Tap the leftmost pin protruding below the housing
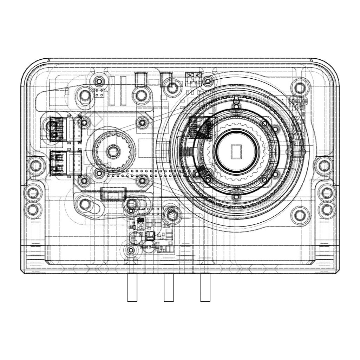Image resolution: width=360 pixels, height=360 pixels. (x=132, y=288)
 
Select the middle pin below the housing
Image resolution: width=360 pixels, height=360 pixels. (x=169, y=288)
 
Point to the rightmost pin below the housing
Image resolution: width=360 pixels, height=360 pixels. (x=205, y=288)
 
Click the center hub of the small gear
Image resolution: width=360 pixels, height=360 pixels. (x=113, y=152)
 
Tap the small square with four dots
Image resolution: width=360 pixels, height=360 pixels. (x=99, y=93)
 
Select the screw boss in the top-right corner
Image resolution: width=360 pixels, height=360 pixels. (x=299, y=86)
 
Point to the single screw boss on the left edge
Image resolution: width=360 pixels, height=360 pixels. (x=35, y=164)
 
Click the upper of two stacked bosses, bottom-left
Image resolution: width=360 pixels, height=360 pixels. (x=33, y=193)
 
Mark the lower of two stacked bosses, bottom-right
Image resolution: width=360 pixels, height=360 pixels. (x=327, y=209)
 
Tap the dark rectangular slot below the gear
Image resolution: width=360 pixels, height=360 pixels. (x=113, y=194)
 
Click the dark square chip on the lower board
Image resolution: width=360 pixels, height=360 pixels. (x=150, y=235)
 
